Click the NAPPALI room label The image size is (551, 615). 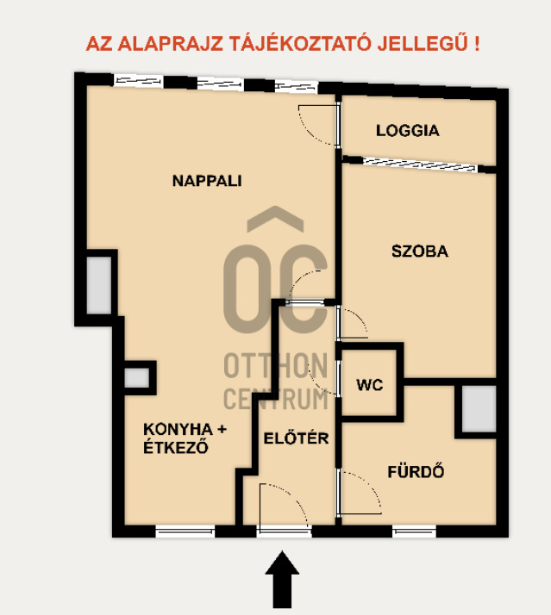(x=207, y=181)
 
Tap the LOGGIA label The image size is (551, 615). (x=408, y=131)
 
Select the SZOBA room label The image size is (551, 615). (x=420, y=251)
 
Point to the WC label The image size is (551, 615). (x=370, y=385)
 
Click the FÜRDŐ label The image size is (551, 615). (x=416, y=471)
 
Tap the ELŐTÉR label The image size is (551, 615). (x=296, y=438)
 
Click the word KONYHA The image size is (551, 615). (x=178, y=429)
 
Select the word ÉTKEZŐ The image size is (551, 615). (x=176, y=447)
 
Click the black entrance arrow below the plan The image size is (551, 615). (x=282, y=580)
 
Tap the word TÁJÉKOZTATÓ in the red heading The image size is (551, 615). (x=300, y=44)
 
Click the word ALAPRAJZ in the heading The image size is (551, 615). (x=171, y=44)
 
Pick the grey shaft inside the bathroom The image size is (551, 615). (x=479, y=408)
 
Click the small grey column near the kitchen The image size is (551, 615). (x=136, y=378)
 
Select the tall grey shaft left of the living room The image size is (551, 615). (x=99, y=285)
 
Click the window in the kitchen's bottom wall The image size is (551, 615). (x=185, y=531)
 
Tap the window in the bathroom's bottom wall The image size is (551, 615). (x=415, y=531)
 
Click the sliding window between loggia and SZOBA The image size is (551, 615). (x=419, y=165)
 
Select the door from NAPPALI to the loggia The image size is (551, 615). (x=318, y=125)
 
